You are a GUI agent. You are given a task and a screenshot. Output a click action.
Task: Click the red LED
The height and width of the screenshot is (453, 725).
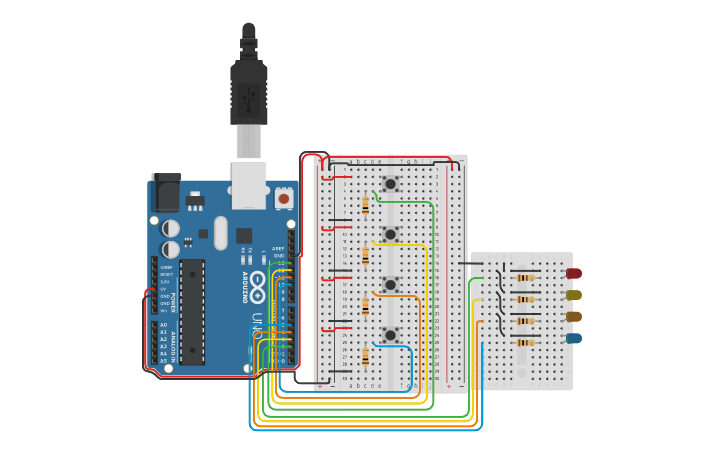[x=573, y=273]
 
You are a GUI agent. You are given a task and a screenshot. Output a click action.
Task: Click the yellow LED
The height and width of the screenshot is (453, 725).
[x=573, y=295]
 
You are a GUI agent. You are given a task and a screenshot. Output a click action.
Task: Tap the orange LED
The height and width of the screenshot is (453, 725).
[x=573, y=316]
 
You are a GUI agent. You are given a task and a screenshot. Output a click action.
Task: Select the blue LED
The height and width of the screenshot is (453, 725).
[x=573, y=338]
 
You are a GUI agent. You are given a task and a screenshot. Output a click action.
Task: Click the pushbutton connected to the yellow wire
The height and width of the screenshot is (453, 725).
[x=390, y=234]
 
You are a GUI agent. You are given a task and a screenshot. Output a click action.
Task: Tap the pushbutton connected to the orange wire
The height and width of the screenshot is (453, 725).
[x=390, y=284]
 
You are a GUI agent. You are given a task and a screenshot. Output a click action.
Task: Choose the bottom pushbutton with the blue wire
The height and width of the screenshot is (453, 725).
[x=390, y=334]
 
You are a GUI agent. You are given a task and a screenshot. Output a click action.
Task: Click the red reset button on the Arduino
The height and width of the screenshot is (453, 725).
[x=283, y=198]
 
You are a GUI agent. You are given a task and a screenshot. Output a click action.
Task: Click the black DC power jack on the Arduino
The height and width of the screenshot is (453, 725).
[x=165, y=192]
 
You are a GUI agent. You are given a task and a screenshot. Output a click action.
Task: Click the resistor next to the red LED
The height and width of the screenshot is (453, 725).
[x=526, y=277]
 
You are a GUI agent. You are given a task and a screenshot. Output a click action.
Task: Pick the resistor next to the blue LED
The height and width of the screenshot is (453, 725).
[x=526, y=342]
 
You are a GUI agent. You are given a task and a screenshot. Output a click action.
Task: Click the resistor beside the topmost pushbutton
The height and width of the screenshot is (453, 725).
[x=365, y=206]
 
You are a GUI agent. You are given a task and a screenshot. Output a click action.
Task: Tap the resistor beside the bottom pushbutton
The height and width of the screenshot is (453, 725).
[x=365, y=356]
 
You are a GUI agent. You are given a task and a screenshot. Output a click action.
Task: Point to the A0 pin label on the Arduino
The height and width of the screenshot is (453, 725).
[x=164, y=325]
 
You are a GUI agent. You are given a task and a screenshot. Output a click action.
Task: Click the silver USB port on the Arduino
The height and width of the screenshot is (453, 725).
[x=248, y=184]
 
